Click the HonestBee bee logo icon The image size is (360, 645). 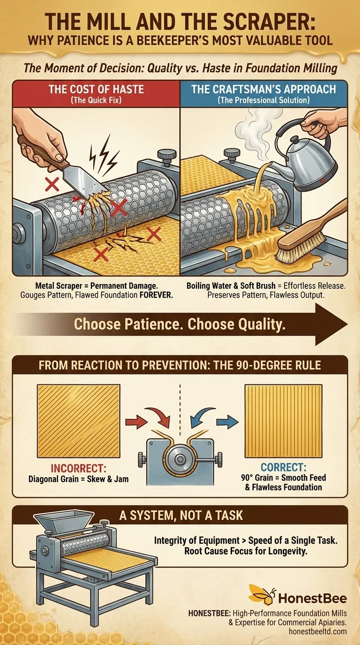pyautogui.click(x=261, y=594)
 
